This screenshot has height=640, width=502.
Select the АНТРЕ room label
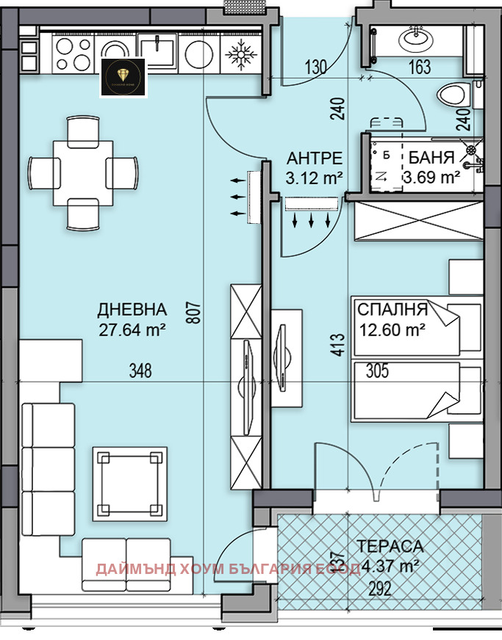[x=314, y=158]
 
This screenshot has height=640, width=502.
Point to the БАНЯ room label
[x=431, y=158]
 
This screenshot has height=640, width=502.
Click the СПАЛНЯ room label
[x=392, y=309]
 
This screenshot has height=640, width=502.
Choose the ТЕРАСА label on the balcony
[x=390, y=546]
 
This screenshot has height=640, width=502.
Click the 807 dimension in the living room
[x=194, y=316]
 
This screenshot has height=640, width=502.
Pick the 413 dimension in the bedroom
[x=337, y=346]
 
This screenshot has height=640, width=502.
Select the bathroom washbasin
[x=417, y=36]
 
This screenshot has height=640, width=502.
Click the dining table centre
[x=82, y=173]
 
